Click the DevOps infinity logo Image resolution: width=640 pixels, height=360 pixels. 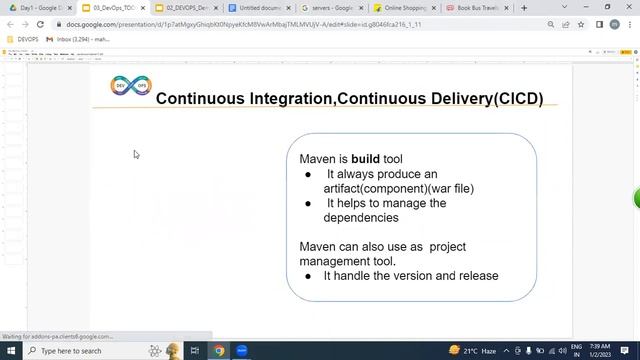pos(130,88)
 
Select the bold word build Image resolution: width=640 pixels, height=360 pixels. pos(365,159)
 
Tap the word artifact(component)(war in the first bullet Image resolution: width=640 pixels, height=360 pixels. pos(376,188)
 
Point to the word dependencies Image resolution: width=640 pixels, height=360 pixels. pos(360,217)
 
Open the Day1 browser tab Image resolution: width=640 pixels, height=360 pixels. pos(37,8)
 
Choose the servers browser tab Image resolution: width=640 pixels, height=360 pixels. pos(329,8)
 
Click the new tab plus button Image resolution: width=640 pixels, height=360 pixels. pos(524,8)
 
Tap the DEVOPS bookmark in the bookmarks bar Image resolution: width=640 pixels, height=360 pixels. pos(24,39)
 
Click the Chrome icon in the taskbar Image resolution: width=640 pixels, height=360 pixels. pos(219,351)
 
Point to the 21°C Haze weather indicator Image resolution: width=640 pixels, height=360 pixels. pos(480,351)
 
